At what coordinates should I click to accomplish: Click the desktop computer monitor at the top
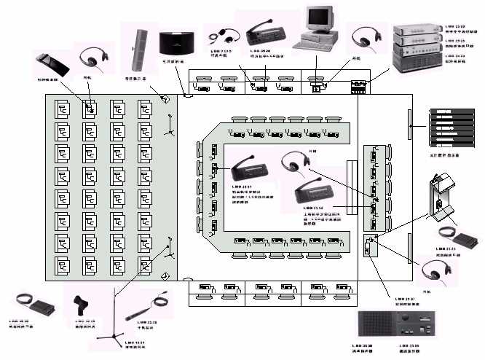point(318,22)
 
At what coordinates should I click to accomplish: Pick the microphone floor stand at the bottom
point(114,321)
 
